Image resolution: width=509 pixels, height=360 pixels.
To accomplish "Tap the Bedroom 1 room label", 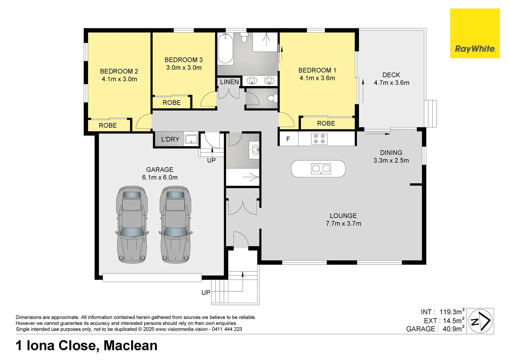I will coord(317,70).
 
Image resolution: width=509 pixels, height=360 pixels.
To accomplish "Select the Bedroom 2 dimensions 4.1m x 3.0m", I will coord(119,79).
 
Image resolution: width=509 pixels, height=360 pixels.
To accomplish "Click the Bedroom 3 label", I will coord(183,60).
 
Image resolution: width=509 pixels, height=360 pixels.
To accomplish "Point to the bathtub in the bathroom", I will coord(225,49).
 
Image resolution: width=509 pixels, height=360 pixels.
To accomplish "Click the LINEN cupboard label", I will coord(229,82).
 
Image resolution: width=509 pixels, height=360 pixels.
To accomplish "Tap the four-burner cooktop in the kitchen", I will coord(319,139).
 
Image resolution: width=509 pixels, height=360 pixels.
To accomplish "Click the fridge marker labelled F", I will coord(288,139).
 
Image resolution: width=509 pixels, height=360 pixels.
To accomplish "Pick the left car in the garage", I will coord(132,224).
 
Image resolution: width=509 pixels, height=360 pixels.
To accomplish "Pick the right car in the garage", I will coord(176,224).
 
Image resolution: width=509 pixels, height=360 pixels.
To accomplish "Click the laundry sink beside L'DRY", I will coord(191,139).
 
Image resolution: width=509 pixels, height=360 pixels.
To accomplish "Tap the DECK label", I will coord(391,75).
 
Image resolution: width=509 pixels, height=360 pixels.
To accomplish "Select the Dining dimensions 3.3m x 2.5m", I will coord(391,160).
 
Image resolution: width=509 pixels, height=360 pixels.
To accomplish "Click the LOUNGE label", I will coord(343,216).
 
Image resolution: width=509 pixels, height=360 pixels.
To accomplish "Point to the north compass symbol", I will coord(480,321).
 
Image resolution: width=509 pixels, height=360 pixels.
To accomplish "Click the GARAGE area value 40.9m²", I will coord(453,329).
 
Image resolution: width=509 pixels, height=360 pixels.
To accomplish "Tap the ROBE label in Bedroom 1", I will coord(326,123).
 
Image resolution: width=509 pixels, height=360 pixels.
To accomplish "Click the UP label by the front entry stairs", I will coord(206,292).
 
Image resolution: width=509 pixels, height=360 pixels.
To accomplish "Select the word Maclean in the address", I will coord(130,346).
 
